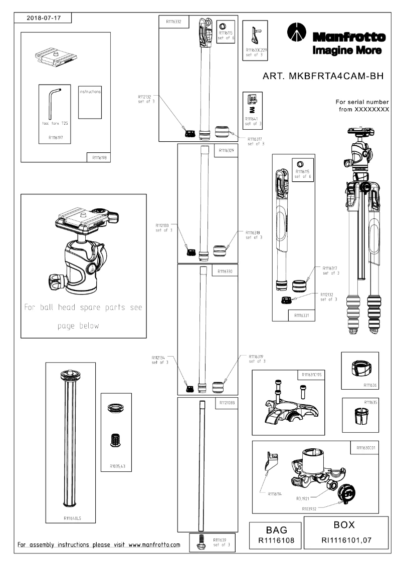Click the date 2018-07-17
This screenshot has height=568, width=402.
pyautogui.click(x=43, y=18)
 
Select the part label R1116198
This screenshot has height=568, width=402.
pyautogui.click(x=98, y=157)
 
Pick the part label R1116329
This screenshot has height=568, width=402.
pyautogui.click(x=227, y=150)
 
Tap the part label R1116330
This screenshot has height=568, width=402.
pyautogui.click(x=226, y=271)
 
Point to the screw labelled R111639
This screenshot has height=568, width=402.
pyautogui.click(x=202, y=542)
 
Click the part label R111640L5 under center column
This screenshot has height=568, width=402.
pyautogui.click(x=70, y=519)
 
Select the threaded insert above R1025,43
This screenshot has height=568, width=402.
pyautogui.click(x=116, y=440)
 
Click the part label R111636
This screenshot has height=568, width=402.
pyautogui.click(x=370, y=385)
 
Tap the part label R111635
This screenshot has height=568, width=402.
pyautogui.click(x=370, y=402)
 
